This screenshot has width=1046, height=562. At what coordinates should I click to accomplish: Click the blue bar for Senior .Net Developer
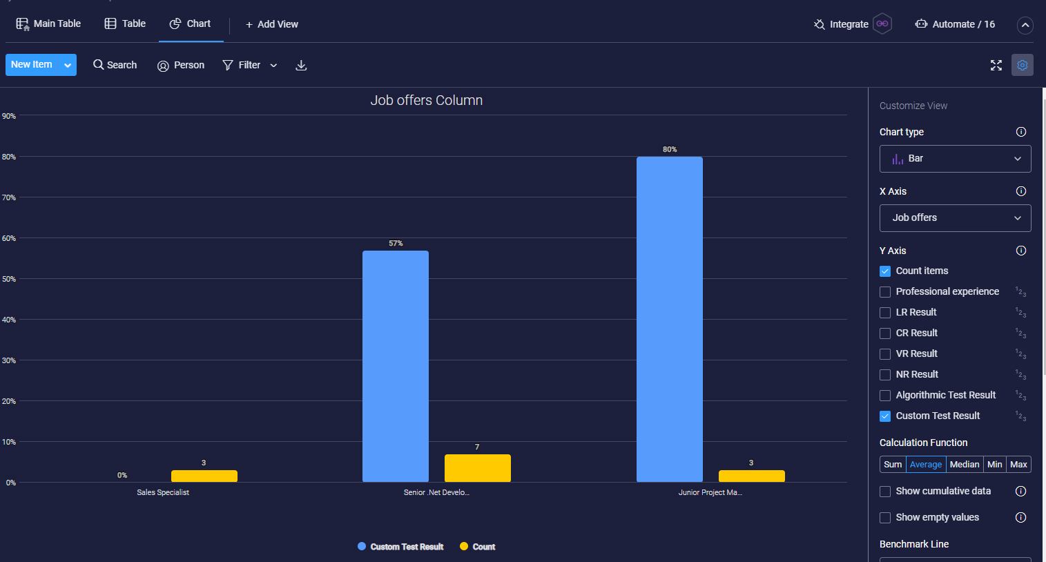click(395, 366)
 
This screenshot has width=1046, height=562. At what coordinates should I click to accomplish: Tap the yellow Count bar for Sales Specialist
click(204, 476)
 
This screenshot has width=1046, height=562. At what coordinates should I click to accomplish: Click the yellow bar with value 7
click(477, 468)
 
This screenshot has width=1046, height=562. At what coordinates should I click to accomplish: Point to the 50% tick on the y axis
click(9, 279)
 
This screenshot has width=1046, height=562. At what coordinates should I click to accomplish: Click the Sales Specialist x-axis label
click(163, 492)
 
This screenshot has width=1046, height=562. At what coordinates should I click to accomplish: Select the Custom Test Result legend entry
click(400, 547)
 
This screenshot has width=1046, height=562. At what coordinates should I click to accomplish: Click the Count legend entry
click(478, 547)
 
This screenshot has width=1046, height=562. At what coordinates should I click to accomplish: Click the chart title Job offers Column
click(426, 101)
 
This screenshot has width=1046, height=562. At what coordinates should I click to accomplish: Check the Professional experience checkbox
click(885, 292)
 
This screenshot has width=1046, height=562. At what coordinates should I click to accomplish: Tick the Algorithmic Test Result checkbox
click(885, 396)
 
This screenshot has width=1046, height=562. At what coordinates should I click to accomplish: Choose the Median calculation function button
click(964, 465)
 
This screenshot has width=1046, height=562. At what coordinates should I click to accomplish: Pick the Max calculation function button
click(1018, 465)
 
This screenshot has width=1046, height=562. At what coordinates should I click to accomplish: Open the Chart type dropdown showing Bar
click(955, 159)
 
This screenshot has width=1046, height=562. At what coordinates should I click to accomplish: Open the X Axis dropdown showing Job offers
click(955, 218)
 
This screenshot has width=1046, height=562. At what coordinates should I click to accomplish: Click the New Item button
click(32, 65)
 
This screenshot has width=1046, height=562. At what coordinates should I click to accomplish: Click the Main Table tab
click(48, 24)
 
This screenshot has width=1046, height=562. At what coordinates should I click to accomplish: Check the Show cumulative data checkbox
click(885, 492)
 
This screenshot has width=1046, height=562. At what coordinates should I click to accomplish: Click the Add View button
click(272, 24)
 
